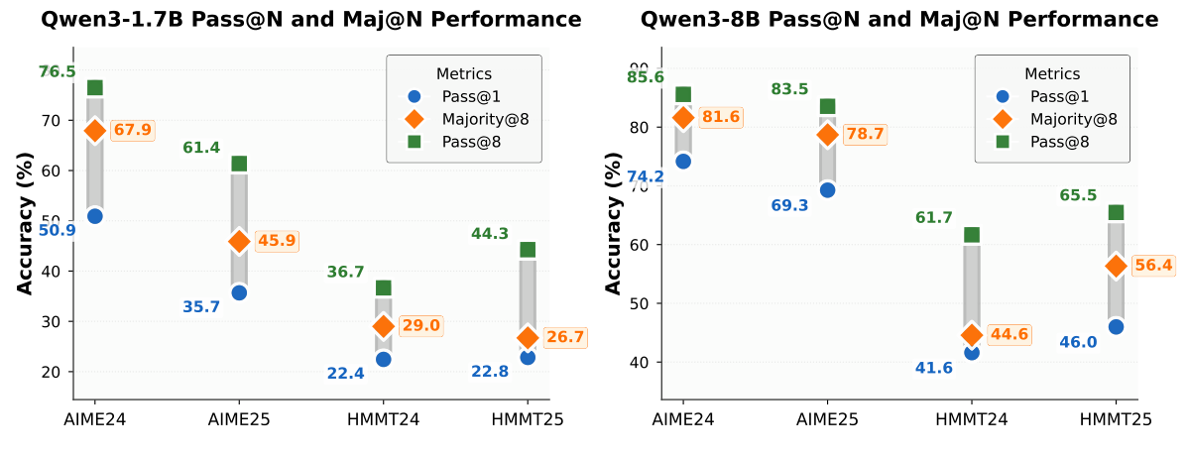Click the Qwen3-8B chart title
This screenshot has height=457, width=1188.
click(899, 19)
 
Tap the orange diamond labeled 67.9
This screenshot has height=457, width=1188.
click(95, 131)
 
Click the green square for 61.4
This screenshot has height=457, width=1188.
click(239, 164)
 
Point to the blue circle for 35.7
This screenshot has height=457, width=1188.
click(239, 292)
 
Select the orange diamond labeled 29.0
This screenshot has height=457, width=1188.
click(384, 325)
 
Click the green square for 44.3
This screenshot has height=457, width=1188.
click(528, 250)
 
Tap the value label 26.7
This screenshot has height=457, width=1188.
click(565, 338)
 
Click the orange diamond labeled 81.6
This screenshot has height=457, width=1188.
click(683, 117)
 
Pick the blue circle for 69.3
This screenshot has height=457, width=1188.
click(827, 190)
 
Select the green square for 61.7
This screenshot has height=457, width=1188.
click(972, 235)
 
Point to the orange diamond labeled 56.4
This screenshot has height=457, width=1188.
click(1116, 266)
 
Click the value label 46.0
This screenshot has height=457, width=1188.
click(1078, 342)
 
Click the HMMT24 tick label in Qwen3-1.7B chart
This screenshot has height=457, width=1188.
click(384, 419)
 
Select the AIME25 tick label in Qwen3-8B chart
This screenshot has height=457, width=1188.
click(827, 419)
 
